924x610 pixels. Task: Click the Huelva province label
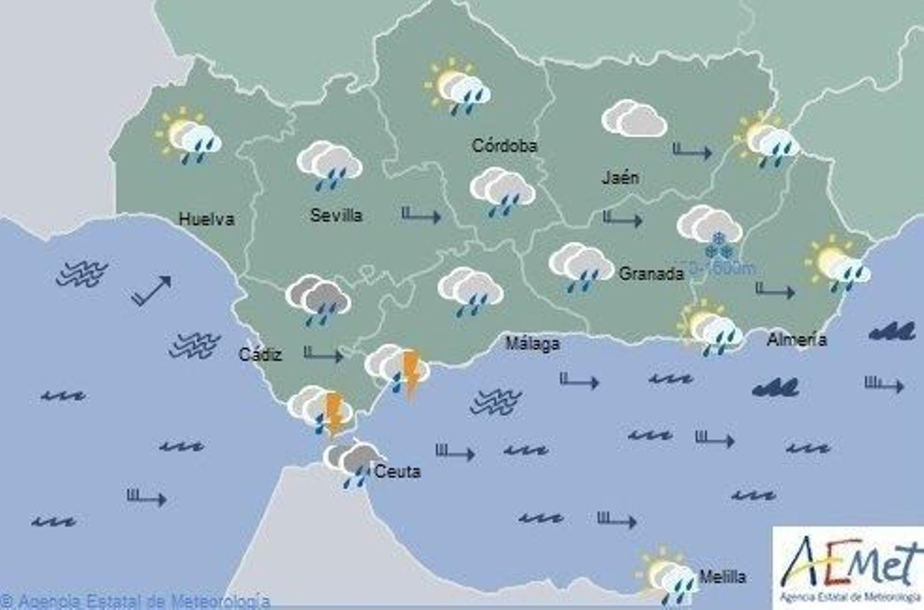click(206, 219)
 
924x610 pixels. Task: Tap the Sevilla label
click(336, 215)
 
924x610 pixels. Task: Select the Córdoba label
click(504, 146)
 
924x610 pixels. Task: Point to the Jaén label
click(620, 177)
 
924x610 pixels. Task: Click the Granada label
click(651, 273)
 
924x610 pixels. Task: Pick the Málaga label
click(532, 344)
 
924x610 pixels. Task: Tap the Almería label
click(796, 339)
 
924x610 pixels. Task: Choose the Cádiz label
click(260, 354)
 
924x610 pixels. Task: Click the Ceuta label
click(397, 471)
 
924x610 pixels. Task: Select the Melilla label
click(722, 576)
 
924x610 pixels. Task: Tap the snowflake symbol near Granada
click(719, 246)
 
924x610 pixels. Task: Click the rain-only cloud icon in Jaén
click(634, 118)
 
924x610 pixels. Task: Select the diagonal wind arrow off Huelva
click(151, 290)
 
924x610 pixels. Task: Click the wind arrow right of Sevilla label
click(421, 215)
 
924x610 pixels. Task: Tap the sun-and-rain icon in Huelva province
click(189, 136)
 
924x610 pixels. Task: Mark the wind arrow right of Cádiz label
click(323, 354)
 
